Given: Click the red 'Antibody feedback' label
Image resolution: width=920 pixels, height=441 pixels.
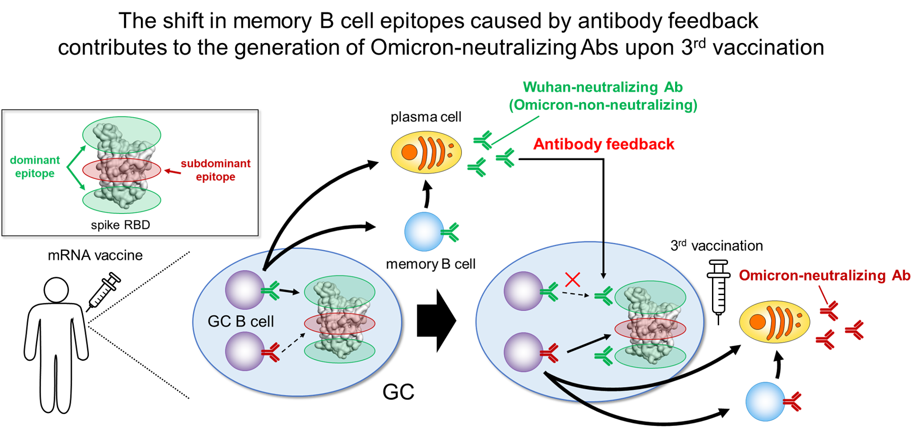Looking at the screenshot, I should click(x=604, y=144).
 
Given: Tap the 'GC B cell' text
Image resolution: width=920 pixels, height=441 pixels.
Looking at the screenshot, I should click(x=241, y=322).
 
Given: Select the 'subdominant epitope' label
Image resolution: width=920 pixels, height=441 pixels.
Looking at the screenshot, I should click(x=216, y=170).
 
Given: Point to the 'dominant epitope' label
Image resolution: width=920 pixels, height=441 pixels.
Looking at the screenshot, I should click(x=35, y=167).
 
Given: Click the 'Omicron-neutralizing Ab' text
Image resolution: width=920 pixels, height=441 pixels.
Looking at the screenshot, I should click(x=825, y=275).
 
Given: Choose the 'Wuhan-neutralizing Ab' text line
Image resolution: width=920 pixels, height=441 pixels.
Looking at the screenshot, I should click(x=603, y=87).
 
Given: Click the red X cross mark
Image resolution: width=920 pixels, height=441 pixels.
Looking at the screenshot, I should click(x=573, y=280).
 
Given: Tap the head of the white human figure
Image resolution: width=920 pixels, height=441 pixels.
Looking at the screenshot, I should click(x=56, y=290).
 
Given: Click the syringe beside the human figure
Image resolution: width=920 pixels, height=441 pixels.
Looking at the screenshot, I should click(x=104, y=290).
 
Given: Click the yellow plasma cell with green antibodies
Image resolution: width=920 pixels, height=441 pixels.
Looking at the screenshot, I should click(x=426, y=152).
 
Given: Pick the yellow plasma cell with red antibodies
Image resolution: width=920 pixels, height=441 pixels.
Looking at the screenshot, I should click(x=774, y=322).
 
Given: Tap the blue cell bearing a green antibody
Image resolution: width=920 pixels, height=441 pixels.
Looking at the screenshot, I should click(x=424, y=231).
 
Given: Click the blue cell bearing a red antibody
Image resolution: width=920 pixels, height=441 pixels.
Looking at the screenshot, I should click(x=765, y=401).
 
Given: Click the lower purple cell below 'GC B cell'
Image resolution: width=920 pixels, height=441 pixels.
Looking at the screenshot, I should click(x=244, y=351).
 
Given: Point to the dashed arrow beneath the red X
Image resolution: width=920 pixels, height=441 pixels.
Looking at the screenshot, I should click(x=575, y=294).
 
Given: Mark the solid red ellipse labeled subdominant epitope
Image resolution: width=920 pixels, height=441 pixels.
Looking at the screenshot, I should click(x=90, y=170).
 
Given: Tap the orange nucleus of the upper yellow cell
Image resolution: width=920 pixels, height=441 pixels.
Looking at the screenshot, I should click(x=409, y=152).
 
